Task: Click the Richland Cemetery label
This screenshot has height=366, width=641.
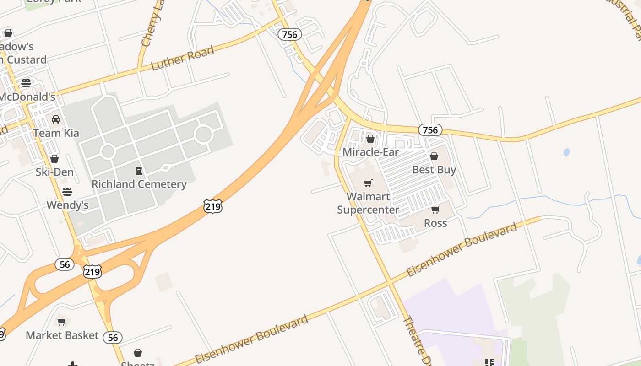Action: (139, 184)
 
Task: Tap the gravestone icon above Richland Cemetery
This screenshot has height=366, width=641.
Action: (139, 171)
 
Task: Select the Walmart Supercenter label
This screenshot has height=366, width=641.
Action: (368, 203)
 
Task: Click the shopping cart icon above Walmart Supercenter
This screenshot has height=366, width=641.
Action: (368, 183)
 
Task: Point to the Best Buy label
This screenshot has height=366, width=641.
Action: (434, 170)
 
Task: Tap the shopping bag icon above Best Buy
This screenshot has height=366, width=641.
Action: (434, 156)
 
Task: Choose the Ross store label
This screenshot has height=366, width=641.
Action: (435, 223)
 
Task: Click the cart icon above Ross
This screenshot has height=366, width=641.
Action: (435, 210)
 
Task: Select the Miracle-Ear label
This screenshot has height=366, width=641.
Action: (370, 152)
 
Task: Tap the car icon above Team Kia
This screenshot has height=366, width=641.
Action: (56, 119)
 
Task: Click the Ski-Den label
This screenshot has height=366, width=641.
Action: (54, 172)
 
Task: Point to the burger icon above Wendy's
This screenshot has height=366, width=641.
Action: (67, 191)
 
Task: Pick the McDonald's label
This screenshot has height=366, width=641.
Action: (27, 97)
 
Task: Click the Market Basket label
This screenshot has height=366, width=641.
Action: (62, 335)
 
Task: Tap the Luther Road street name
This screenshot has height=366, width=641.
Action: (183, 58)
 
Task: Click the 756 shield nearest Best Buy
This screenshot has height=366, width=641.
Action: (430, 130)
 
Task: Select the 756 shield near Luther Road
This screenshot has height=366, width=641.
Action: (289, 34)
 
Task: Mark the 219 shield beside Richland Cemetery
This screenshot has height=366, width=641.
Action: (213, 206)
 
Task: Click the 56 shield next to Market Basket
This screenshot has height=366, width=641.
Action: (112, 338)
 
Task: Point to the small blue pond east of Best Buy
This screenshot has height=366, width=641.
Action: (566, 152)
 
